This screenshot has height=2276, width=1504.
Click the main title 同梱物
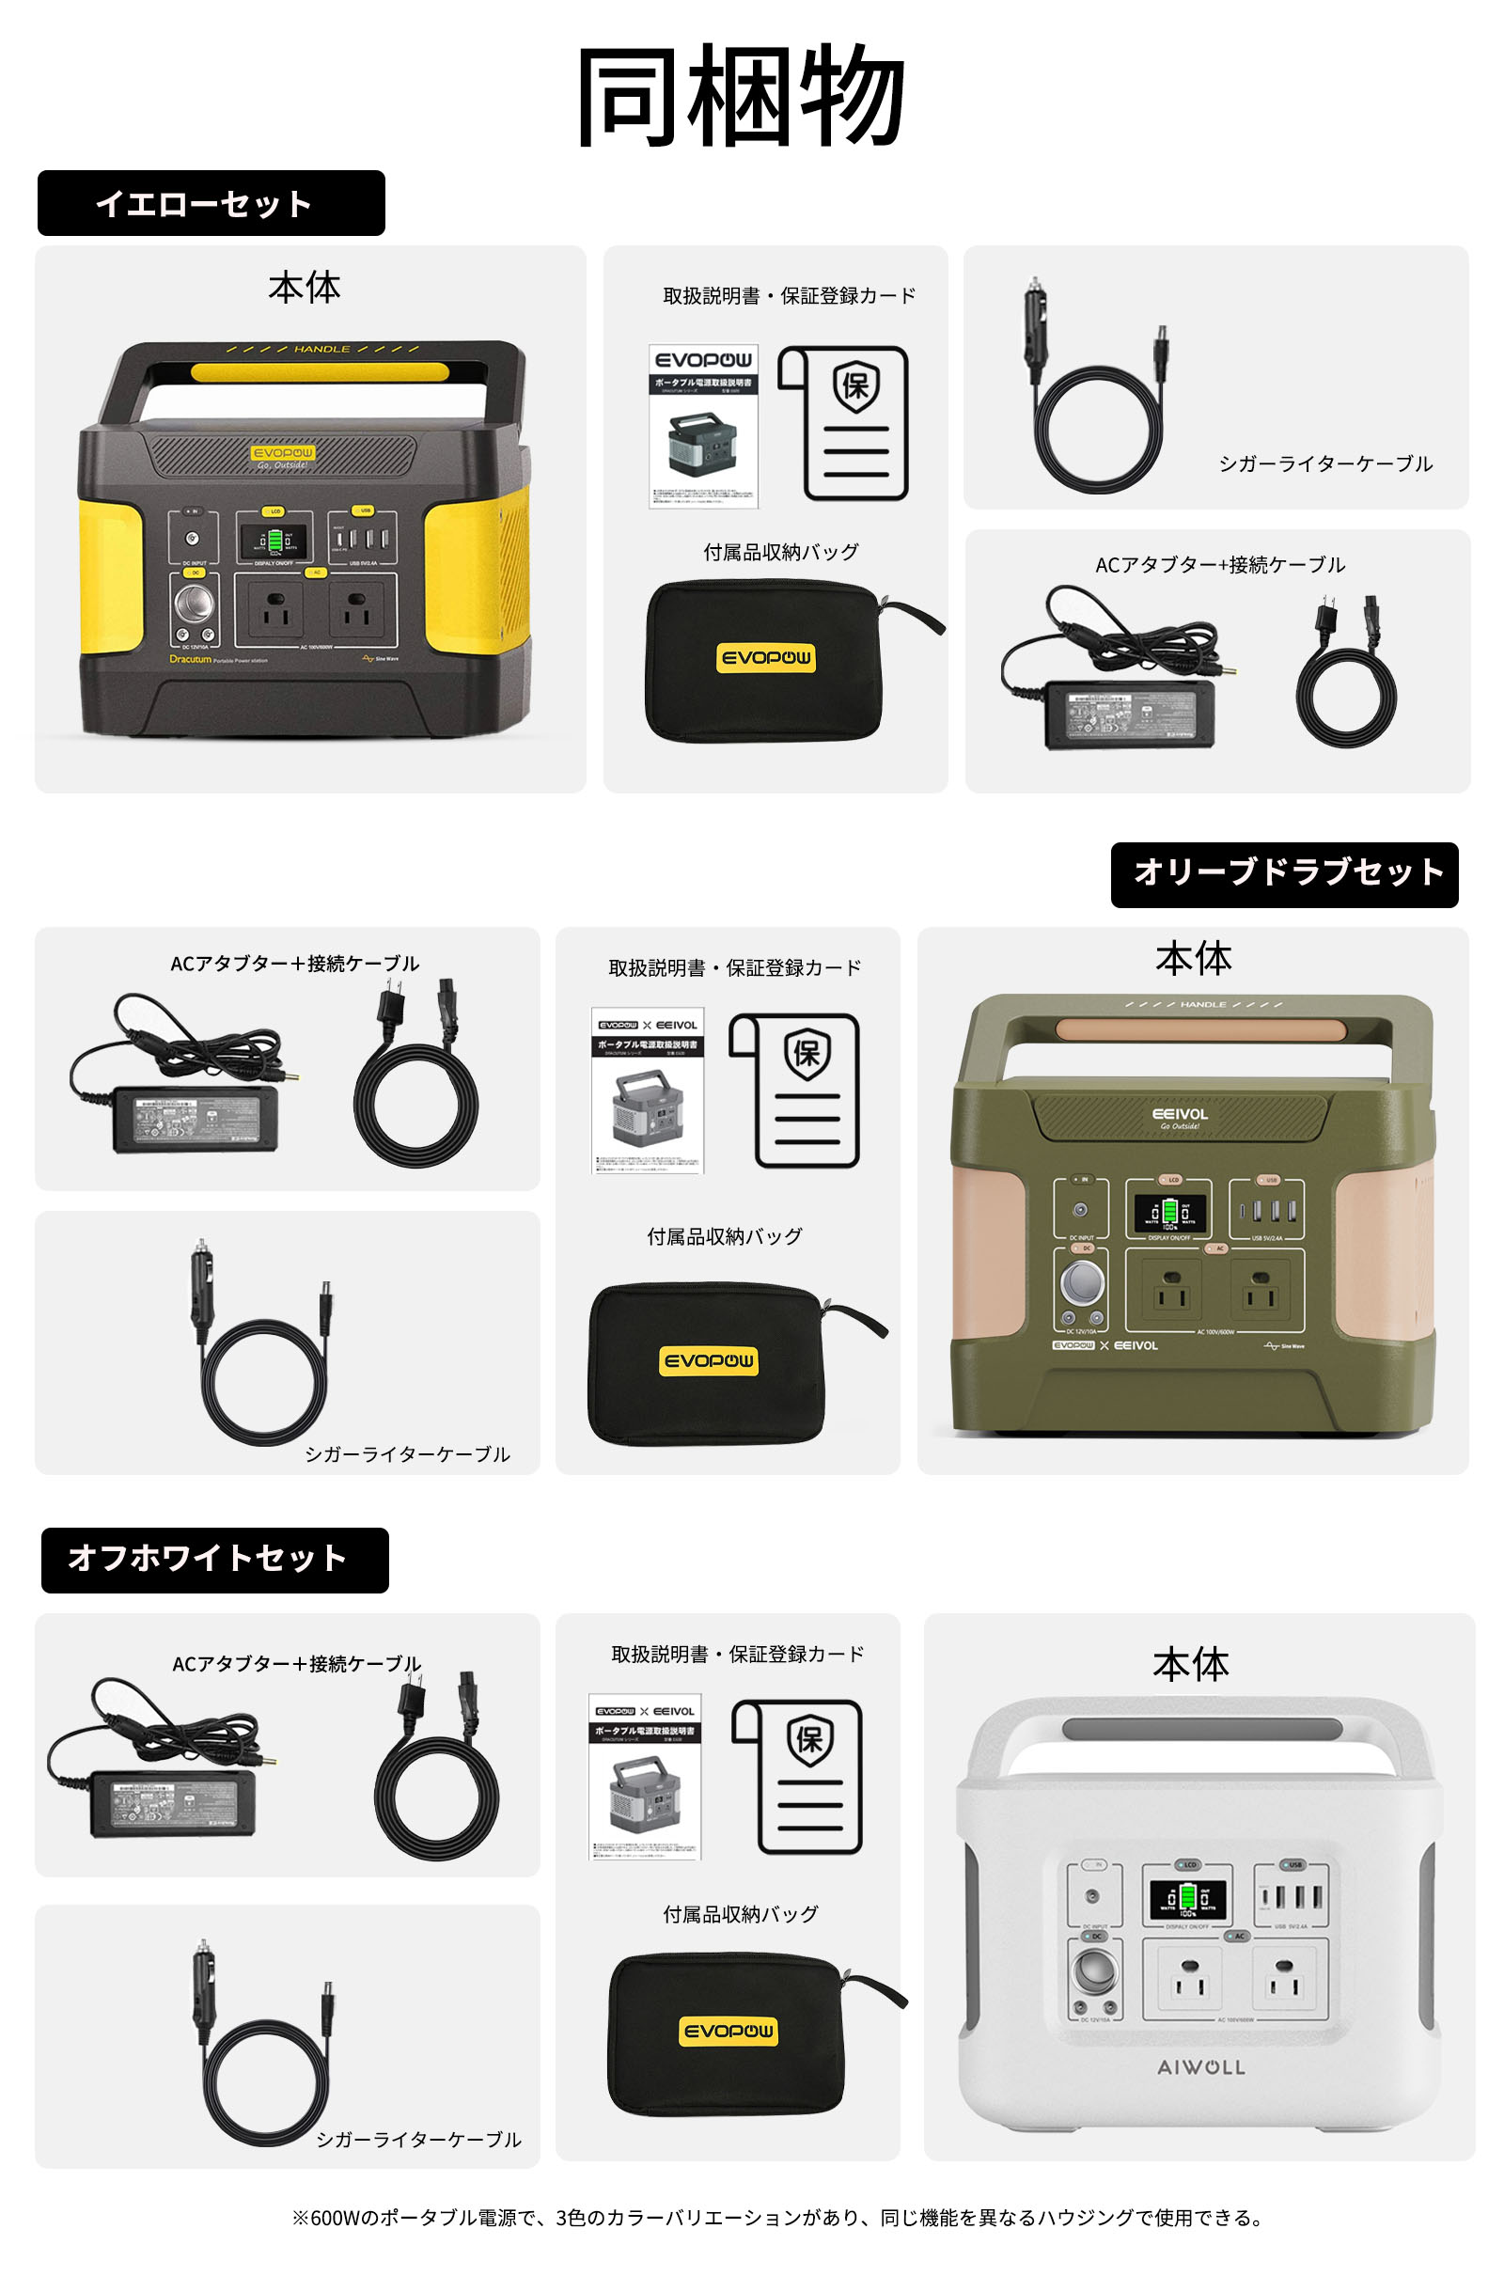click(x=741, y=96)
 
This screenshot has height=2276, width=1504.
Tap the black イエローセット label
click(x=211, y=203)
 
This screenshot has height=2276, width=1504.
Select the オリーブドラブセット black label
click(x=1283, y=873)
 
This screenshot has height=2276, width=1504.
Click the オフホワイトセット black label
click(x=215, y=1560)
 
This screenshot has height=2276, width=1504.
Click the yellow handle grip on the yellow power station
click(x=320, y=372)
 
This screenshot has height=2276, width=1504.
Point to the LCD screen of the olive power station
click(x=1169, y=1214)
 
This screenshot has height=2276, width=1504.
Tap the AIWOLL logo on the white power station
click(x=1201, y=2067)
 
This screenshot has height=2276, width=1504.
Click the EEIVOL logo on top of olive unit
click(x=1180, y=1115)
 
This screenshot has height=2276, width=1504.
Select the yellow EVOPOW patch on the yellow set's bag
click(x=765, y=658)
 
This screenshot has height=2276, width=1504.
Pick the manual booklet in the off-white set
click(x=646, y=1776)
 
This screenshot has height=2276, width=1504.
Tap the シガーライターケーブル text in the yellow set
click(x=1324, y=464)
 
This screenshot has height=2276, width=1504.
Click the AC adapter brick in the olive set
click(x=195, y=1119)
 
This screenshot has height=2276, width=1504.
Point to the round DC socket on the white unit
click(x=1095, y=1970)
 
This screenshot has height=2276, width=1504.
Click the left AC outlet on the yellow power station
click(x=276, y=610)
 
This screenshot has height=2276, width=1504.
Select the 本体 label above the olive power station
click(x=1192, y=958)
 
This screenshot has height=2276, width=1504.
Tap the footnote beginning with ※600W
click(x=777, y=2218)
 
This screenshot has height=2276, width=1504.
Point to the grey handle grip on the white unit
click(x=1201, y=1729)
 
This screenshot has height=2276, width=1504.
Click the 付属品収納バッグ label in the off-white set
click(x=741, y=1913)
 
